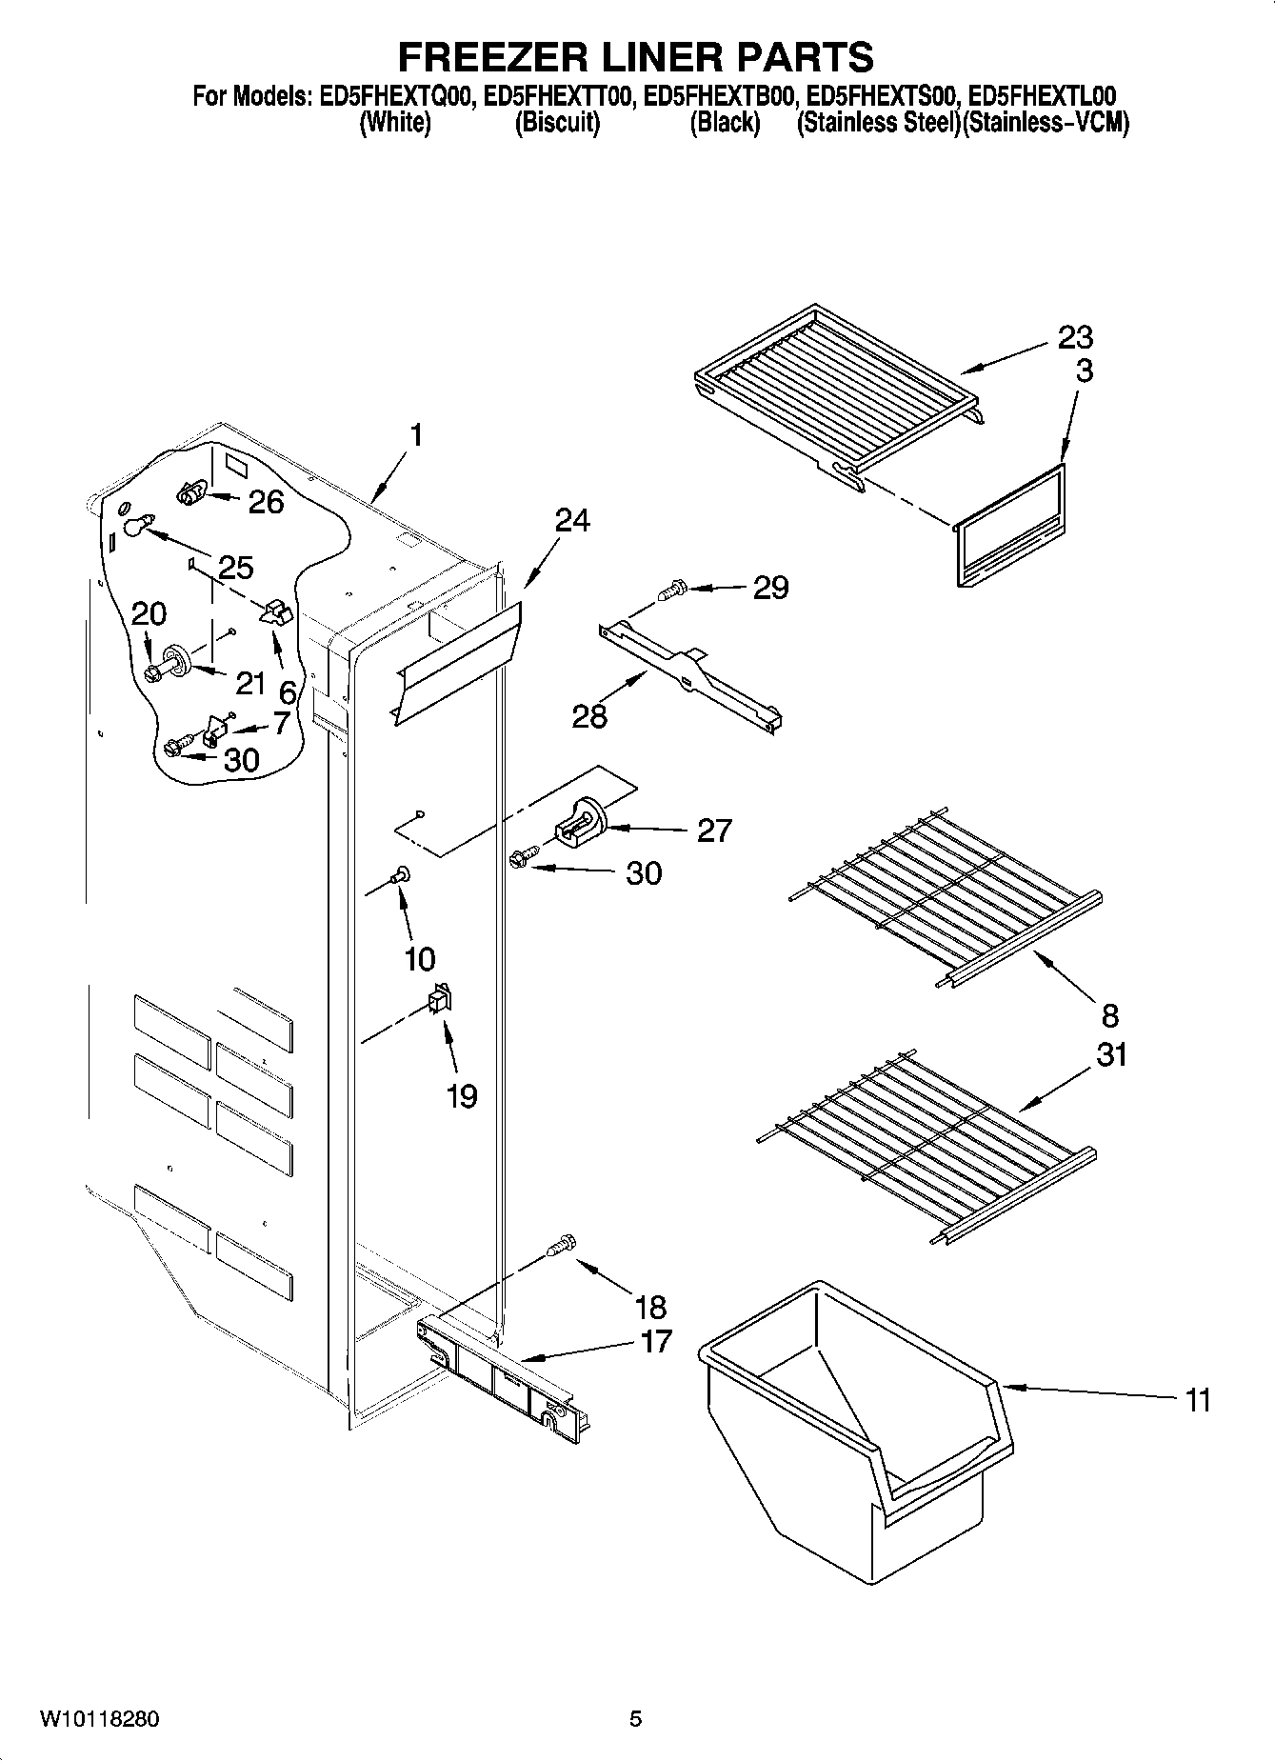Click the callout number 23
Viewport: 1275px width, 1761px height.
tap(1075, 337)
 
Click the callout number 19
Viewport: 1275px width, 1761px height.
tap(462, 1096)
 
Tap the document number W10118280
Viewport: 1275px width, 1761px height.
tap(99, 1719)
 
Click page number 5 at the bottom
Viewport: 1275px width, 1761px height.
tap(635, 1719)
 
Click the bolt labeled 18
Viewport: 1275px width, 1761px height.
tap(564, 1245)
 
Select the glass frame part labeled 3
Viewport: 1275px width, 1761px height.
tap(1009, 527)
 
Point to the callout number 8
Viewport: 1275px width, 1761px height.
tap(1110, 1015)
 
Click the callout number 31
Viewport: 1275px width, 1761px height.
tap(1110, 1054)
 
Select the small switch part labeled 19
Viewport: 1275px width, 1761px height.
tap(440, 999)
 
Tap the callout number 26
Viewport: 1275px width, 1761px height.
tap(266, 502)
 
